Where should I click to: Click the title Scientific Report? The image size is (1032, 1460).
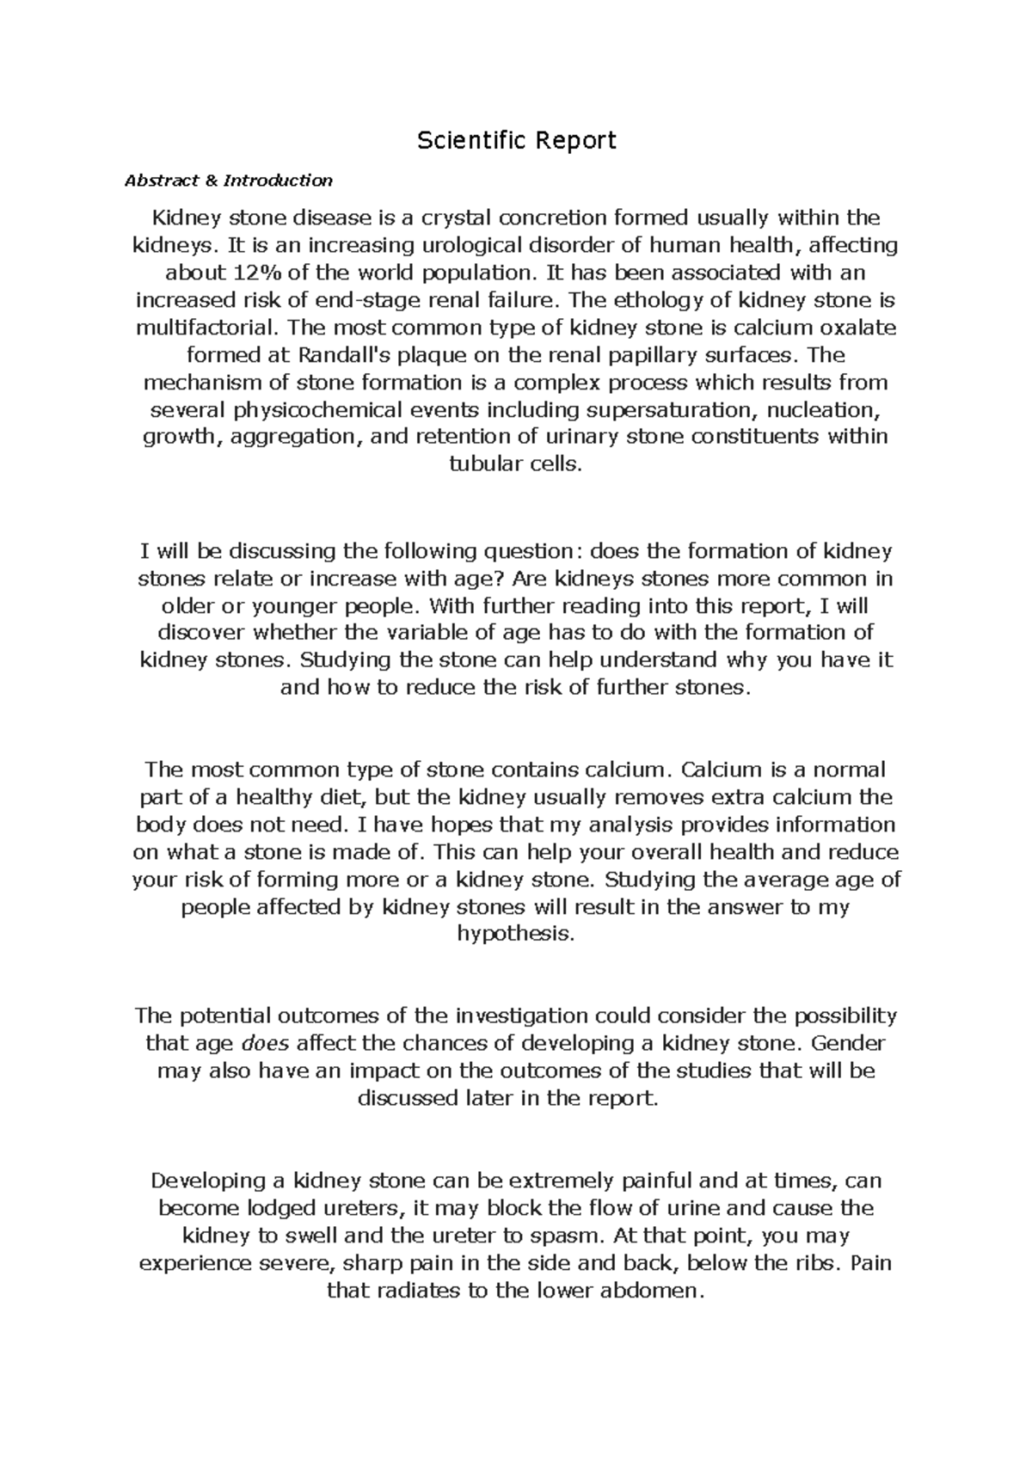pyautogui.click(x=516, y=140)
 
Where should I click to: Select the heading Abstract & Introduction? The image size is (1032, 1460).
pyautogui.click(x=228, y=181)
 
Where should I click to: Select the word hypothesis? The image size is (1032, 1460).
pyautogui.click(x=516, y=935)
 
